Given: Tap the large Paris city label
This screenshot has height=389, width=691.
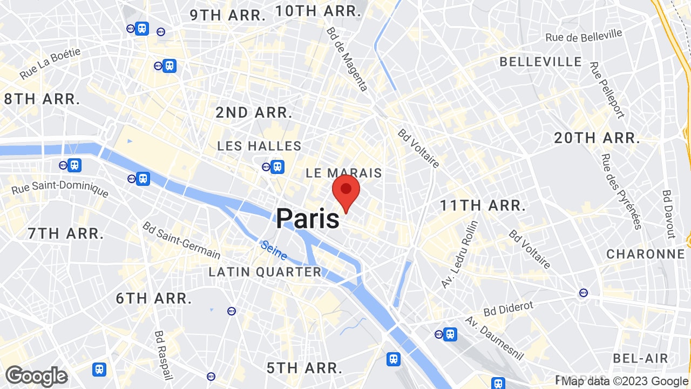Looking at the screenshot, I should [308, 219].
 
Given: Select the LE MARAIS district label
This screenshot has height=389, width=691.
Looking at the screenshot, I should [344, 173].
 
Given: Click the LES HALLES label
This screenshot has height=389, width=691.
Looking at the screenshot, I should [259, 146].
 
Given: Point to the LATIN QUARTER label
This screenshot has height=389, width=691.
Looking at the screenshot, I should [265, 272].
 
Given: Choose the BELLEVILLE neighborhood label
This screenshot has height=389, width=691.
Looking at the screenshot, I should [540, 62].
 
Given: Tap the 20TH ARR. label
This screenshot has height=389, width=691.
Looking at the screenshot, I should [597, 138].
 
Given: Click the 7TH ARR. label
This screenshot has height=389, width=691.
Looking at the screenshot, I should [66, 233].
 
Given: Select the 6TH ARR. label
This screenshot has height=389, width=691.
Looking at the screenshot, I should [154, 298].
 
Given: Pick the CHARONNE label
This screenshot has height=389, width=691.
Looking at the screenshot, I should [646, 254].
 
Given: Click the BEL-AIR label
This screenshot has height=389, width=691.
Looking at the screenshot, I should [641, 358].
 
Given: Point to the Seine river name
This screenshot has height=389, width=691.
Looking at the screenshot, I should [274, 250].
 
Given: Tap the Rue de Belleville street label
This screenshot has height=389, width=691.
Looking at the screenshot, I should [584, 36].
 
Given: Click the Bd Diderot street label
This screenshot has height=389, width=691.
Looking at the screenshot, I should [508, 310].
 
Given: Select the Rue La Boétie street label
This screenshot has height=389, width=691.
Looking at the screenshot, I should [50, 63].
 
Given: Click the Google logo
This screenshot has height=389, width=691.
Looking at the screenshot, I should [36, 376].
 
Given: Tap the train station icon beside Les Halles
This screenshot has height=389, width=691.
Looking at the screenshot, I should [277, 167].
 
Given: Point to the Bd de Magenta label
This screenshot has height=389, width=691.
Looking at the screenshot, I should [347, 59].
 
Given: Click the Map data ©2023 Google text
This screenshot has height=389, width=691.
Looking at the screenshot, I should [625, 380].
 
